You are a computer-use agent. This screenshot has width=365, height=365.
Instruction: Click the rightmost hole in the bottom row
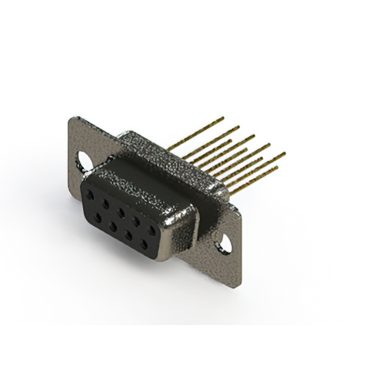[143, 243]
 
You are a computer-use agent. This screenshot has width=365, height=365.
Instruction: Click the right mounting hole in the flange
[226, 245]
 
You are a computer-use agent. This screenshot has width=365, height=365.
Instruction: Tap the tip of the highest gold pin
[224, 117]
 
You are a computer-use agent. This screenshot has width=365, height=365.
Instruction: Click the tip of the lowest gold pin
[277, 167]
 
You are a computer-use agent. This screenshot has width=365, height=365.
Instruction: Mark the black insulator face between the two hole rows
[117, 217]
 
